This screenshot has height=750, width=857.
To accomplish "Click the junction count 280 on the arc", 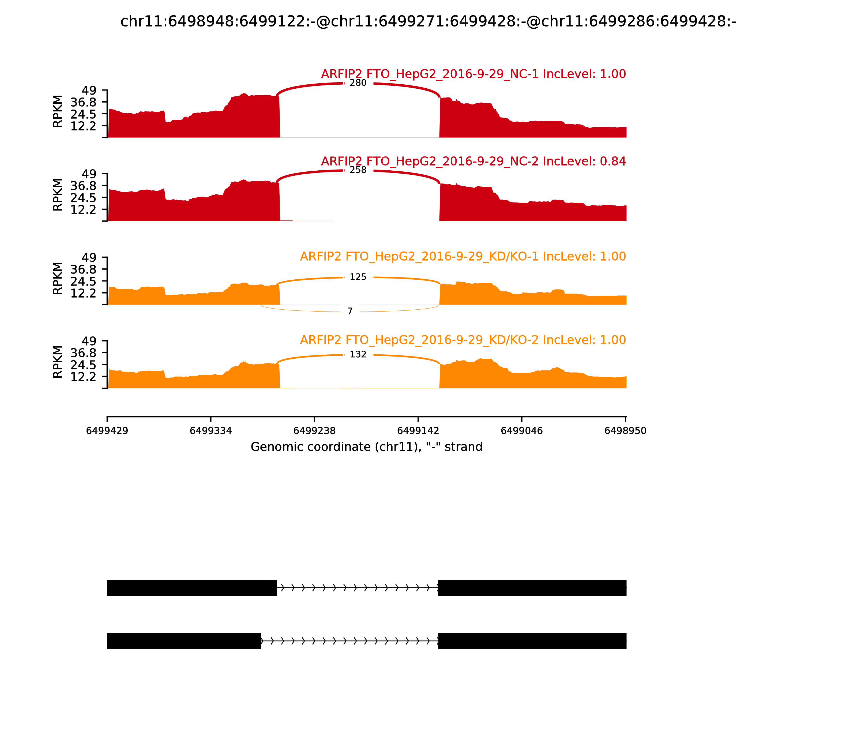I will click(x=358, y=83).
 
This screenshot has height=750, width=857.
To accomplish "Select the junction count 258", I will click(x=358, y=170).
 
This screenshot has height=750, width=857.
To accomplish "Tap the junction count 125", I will click(x=358, y=277).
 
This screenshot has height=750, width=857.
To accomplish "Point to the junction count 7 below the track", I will click(x=350, y=311).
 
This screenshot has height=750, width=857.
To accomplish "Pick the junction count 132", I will click(x=358, y=354).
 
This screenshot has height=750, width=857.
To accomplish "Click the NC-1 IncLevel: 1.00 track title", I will click(x=473, y=74).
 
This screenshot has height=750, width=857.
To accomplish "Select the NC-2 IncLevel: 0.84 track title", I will click(x=473, y=161).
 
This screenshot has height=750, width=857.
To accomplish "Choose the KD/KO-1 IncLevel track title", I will click(x=463, y=256).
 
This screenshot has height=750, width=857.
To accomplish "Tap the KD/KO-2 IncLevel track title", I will click(x=463, y=340).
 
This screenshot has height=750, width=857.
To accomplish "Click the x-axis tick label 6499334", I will click(x=211, y=431).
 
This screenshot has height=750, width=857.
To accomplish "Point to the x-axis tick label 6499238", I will click(x=314, y=431).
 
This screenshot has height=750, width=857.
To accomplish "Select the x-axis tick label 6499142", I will click(x=418, y=431).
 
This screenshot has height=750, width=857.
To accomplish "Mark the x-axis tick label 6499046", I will click(x=521, y=431).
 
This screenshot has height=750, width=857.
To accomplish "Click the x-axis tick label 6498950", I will click(x=625, y=431).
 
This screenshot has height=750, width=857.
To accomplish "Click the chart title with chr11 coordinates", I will click(x=428, y=21).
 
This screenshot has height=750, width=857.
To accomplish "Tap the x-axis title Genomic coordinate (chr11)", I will click(x=367, y=447).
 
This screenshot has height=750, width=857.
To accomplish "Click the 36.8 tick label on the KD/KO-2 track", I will click(x=83, y=353).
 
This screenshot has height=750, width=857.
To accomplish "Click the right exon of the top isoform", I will click(x=532, y=588).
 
